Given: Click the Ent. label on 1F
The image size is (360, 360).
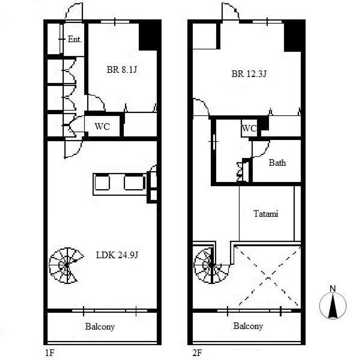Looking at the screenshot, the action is click(x=75, y=39).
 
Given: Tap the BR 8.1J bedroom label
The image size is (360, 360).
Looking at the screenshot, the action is click(x=122, y=69).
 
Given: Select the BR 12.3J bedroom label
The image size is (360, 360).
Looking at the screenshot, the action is click(x=249, y=74).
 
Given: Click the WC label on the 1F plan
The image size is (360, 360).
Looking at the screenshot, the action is click(x=102, y=126).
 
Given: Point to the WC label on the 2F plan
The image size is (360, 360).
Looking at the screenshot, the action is click(x=249, y=128).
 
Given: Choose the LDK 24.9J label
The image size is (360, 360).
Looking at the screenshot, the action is click(x=117, y=255).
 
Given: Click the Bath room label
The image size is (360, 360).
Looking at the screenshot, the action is click(x=277, y=163).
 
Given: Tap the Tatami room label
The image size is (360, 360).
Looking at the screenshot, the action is click(x=266, y=214).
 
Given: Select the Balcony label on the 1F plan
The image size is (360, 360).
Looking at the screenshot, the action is click(x=100, y=327).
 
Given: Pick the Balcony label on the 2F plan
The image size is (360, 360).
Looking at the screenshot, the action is click(x=248, y=326).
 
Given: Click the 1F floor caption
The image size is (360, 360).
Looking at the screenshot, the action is click(x=49, y=352).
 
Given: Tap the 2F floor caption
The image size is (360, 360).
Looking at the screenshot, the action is click(x=197, y=352).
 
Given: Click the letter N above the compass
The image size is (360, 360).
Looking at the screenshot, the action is click(x=333, y=289).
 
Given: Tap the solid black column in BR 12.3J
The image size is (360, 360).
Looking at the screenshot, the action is click(x=295, y=36).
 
